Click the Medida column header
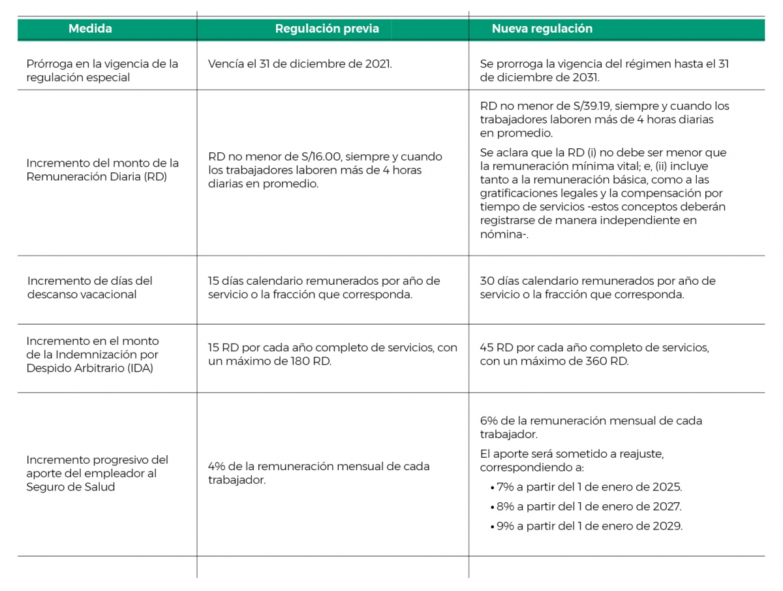[x=90, y=29]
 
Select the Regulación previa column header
[x=326, y=29]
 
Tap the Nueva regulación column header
[x=542, y=29]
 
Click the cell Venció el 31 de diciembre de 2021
[x=300, y=64]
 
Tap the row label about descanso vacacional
[x=89, y=287]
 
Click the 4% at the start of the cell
[x=217, y=466]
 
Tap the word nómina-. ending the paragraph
[x=504, y=234]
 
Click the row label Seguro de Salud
[x=70, y=487]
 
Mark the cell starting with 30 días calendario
[x=597, y=287]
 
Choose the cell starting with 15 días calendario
[x=324, y=287]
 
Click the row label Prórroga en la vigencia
[x=102, y=71]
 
